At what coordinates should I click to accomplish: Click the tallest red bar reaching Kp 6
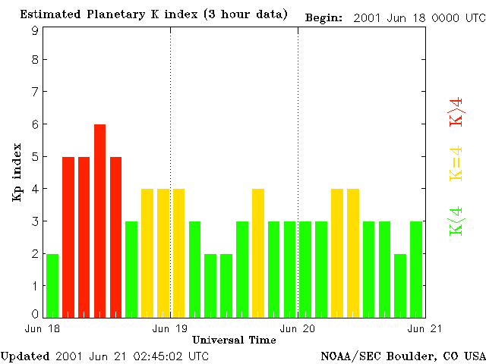99,220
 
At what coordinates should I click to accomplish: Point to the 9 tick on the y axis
35,30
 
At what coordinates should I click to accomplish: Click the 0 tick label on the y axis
35,314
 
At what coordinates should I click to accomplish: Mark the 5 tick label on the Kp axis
35,157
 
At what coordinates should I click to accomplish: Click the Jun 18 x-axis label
39,328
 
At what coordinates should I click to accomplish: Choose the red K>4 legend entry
456,111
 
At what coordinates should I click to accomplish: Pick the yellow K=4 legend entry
456,164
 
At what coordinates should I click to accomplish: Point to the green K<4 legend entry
456,221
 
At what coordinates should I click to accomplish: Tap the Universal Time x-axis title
234,339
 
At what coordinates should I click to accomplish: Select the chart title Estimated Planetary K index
153,14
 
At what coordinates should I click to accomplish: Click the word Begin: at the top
323,17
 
